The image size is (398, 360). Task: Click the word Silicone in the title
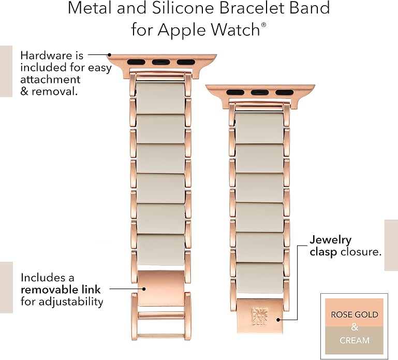pos(183,8)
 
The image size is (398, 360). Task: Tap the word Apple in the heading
pos(182,30)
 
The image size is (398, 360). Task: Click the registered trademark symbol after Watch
pos(263,25)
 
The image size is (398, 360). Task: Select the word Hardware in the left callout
pos(47,55)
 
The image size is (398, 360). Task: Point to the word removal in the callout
pos(54,91)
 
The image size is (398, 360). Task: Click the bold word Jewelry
pos(331,240)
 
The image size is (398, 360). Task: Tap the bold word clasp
pos(323,252)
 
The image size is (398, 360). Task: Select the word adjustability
pos(71,302)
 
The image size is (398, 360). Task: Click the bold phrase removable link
pos(61,290)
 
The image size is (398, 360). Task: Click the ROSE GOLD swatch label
pos(355,314)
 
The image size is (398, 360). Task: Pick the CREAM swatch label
pos(355,340)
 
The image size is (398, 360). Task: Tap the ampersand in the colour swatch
pos(355,327)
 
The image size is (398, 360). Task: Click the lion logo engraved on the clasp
pos(260,316)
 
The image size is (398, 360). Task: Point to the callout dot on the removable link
pos(144,289)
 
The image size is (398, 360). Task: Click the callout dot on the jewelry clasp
pos(278,320)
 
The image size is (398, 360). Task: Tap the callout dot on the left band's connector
pos(109,54)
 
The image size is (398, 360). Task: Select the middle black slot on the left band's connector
pos(161,62)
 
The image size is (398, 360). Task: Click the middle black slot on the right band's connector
pos(260,93)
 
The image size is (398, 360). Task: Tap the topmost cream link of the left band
pos(160,98)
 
